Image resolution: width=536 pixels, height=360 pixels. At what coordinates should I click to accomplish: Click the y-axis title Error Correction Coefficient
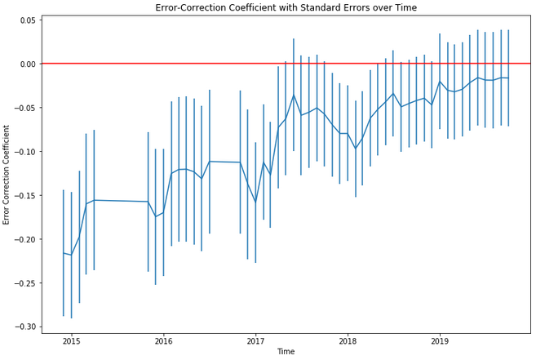pos(7,175)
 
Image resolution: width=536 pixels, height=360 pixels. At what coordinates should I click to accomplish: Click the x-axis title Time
pos(286,352)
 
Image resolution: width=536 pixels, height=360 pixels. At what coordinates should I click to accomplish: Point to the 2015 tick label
pos(71,340)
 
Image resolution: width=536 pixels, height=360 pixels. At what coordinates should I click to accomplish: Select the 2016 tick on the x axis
pos(163,340)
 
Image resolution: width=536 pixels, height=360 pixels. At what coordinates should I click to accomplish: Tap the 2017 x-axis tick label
pos(255,340)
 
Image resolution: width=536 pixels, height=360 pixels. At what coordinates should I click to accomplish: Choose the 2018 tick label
pos(348,340)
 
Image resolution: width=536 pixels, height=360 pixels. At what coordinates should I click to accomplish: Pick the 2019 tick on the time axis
pos(440,340)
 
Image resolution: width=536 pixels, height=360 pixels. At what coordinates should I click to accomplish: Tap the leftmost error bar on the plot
pos(64,253)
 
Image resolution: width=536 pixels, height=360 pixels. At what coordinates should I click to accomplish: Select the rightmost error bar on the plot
pos(508,78)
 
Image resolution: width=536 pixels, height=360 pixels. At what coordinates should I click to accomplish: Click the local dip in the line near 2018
pos(356,149)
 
